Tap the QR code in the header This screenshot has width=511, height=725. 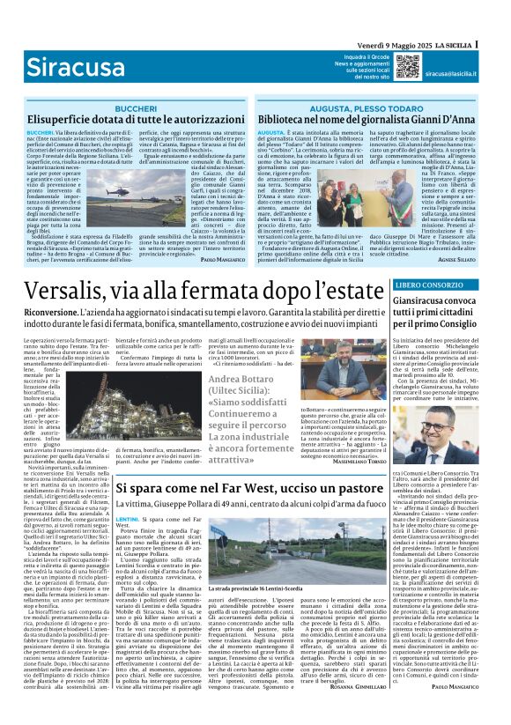(x=406, y=65)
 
